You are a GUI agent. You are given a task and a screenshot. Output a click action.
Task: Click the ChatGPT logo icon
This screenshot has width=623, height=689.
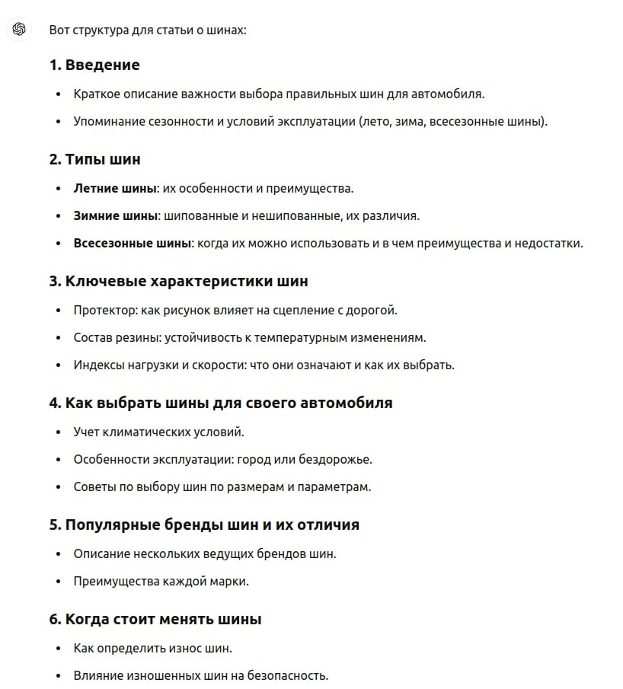pos(19,30)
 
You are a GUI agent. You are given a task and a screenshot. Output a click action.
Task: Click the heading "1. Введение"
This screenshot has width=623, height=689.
pos(94,65)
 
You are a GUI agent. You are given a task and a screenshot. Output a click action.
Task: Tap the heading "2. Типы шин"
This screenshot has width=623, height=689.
pos(94,160)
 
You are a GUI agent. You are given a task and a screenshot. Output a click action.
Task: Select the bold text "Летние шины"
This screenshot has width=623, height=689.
pos(114,188)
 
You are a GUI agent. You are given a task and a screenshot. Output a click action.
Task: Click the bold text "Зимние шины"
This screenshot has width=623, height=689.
pos(114,215)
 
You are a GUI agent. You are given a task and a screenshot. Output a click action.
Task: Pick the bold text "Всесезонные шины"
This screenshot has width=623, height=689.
pos(132,243)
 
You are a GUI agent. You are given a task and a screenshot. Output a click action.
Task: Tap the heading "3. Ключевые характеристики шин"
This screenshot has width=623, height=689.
pos(178,281)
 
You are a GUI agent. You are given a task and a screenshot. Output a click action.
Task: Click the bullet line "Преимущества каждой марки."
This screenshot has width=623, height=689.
pos(161,581)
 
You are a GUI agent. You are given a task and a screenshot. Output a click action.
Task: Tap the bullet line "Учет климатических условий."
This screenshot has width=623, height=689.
pos(158,432)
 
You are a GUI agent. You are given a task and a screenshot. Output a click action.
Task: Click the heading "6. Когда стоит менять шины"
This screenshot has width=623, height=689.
pos(155,619)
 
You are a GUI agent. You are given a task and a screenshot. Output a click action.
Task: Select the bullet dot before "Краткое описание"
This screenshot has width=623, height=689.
pos(57,94)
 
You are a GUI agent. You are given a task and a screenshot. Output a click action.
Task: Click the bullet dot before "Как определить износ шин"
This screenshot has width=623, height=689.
pos(57,649)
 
